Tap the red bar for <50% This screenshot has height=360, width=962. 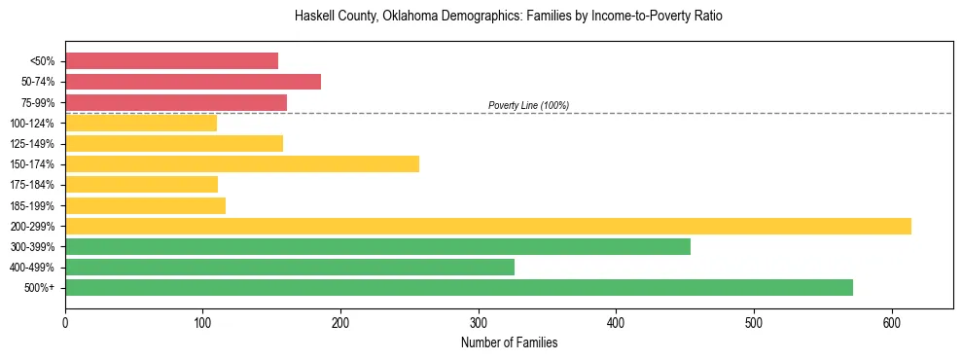(171, 61)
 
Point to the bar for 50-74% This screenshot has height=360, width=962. (193, 82)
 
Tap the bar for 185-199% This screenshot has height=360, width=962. (145, 205)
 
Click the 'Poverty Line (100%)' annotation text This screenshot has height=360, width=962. (528, 105)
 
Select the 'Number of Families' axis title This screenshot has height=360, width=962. (509, 342)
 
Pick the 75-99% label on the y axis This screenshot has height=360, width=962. (38, 102)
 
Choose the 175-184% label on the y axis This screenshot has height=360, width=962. (34, 185)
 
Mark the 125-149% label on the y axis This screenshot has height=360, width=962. (34, 144)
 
